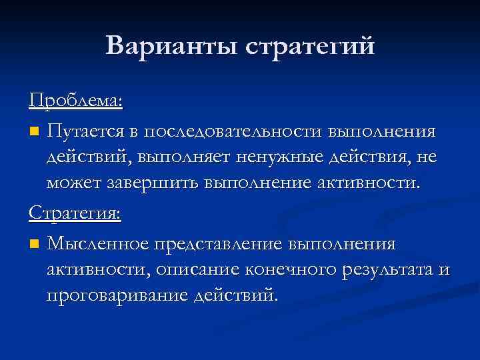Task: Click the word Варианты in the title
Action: point(171,46)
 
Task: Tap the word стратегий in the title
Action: point(311,47)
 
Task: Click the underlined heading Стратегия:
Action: point(75,213)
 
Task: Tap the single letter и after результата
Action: point(445,270)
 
